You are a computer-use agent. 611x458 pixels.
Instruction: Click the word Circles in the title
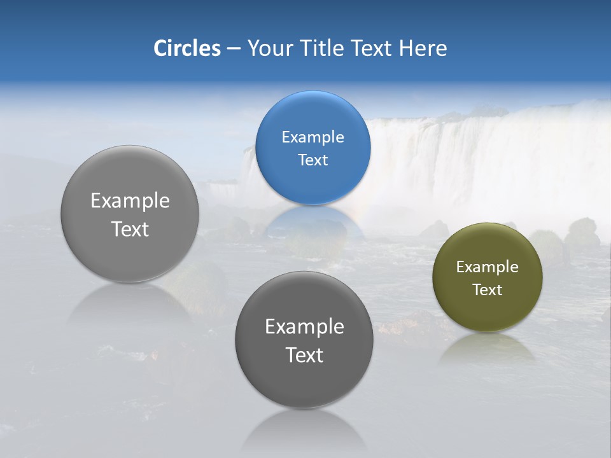click(x=186, y=48)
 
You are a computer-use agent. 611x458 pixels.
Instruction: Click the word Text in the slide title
click(x=374, y=48)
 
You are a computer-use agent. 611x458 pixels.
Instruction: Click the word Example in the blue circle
click(x=313, y=137)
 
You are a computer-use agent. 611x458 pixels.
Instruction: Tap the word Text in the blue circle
click(x=313, y=160)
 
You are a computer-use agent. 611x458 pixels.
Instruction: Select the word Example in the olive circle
click(x=487, y=267)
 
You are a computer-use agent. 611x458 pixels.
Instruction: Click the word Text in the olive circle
click(x=488, y=290)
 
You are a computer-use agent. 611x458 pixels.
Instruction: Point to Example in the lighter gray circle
click(x=130, y=201)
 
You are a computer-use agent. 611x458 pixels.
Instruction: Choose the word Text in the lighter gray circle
click(x=130, y=229)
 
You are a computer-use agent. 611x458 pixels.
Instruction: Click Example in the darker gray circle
click(x=304, y=327)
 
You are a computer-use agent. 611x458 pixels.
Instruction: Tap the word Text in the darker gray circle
click(x=304, y=355)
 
